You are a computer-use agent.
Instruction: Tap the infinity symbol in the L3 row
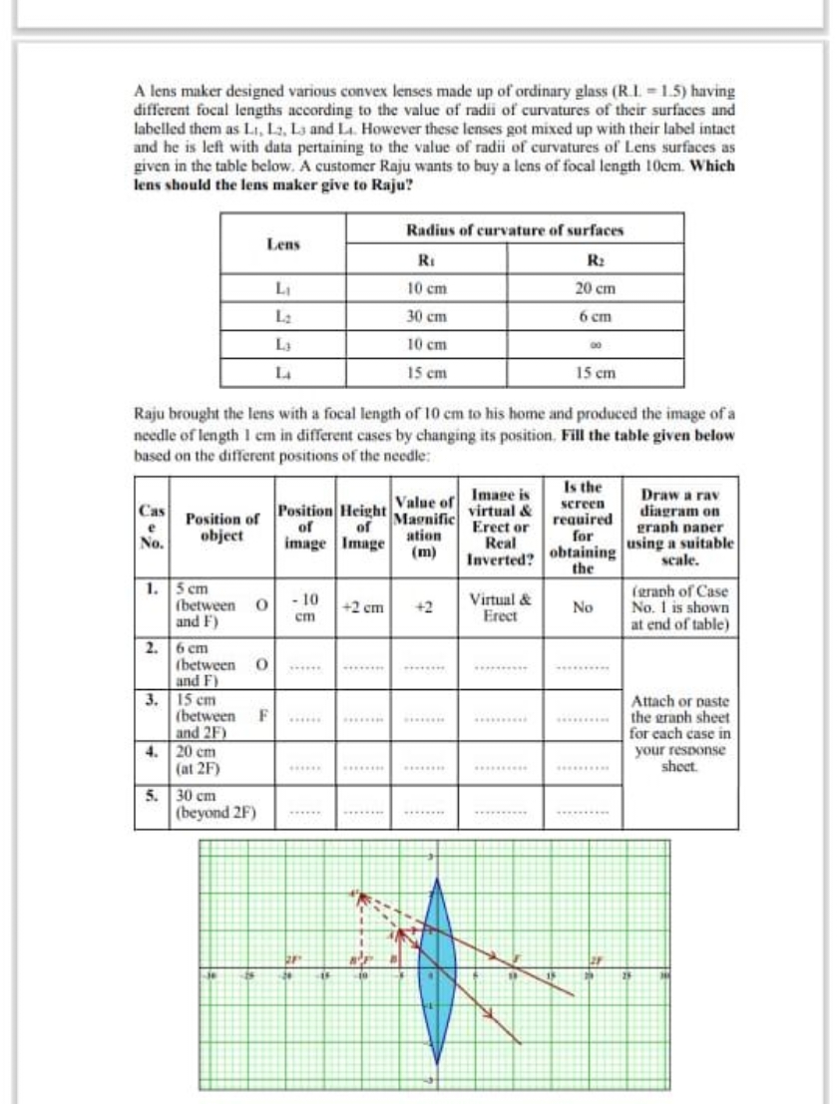tap(595, 345)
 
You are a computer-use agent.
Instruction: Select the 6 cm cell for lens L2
tap(595, 318)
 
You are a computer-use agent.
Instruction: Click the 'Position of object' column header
tap(220, 526)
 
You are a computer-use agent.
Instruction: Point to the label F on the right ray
tap(517, 958)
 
